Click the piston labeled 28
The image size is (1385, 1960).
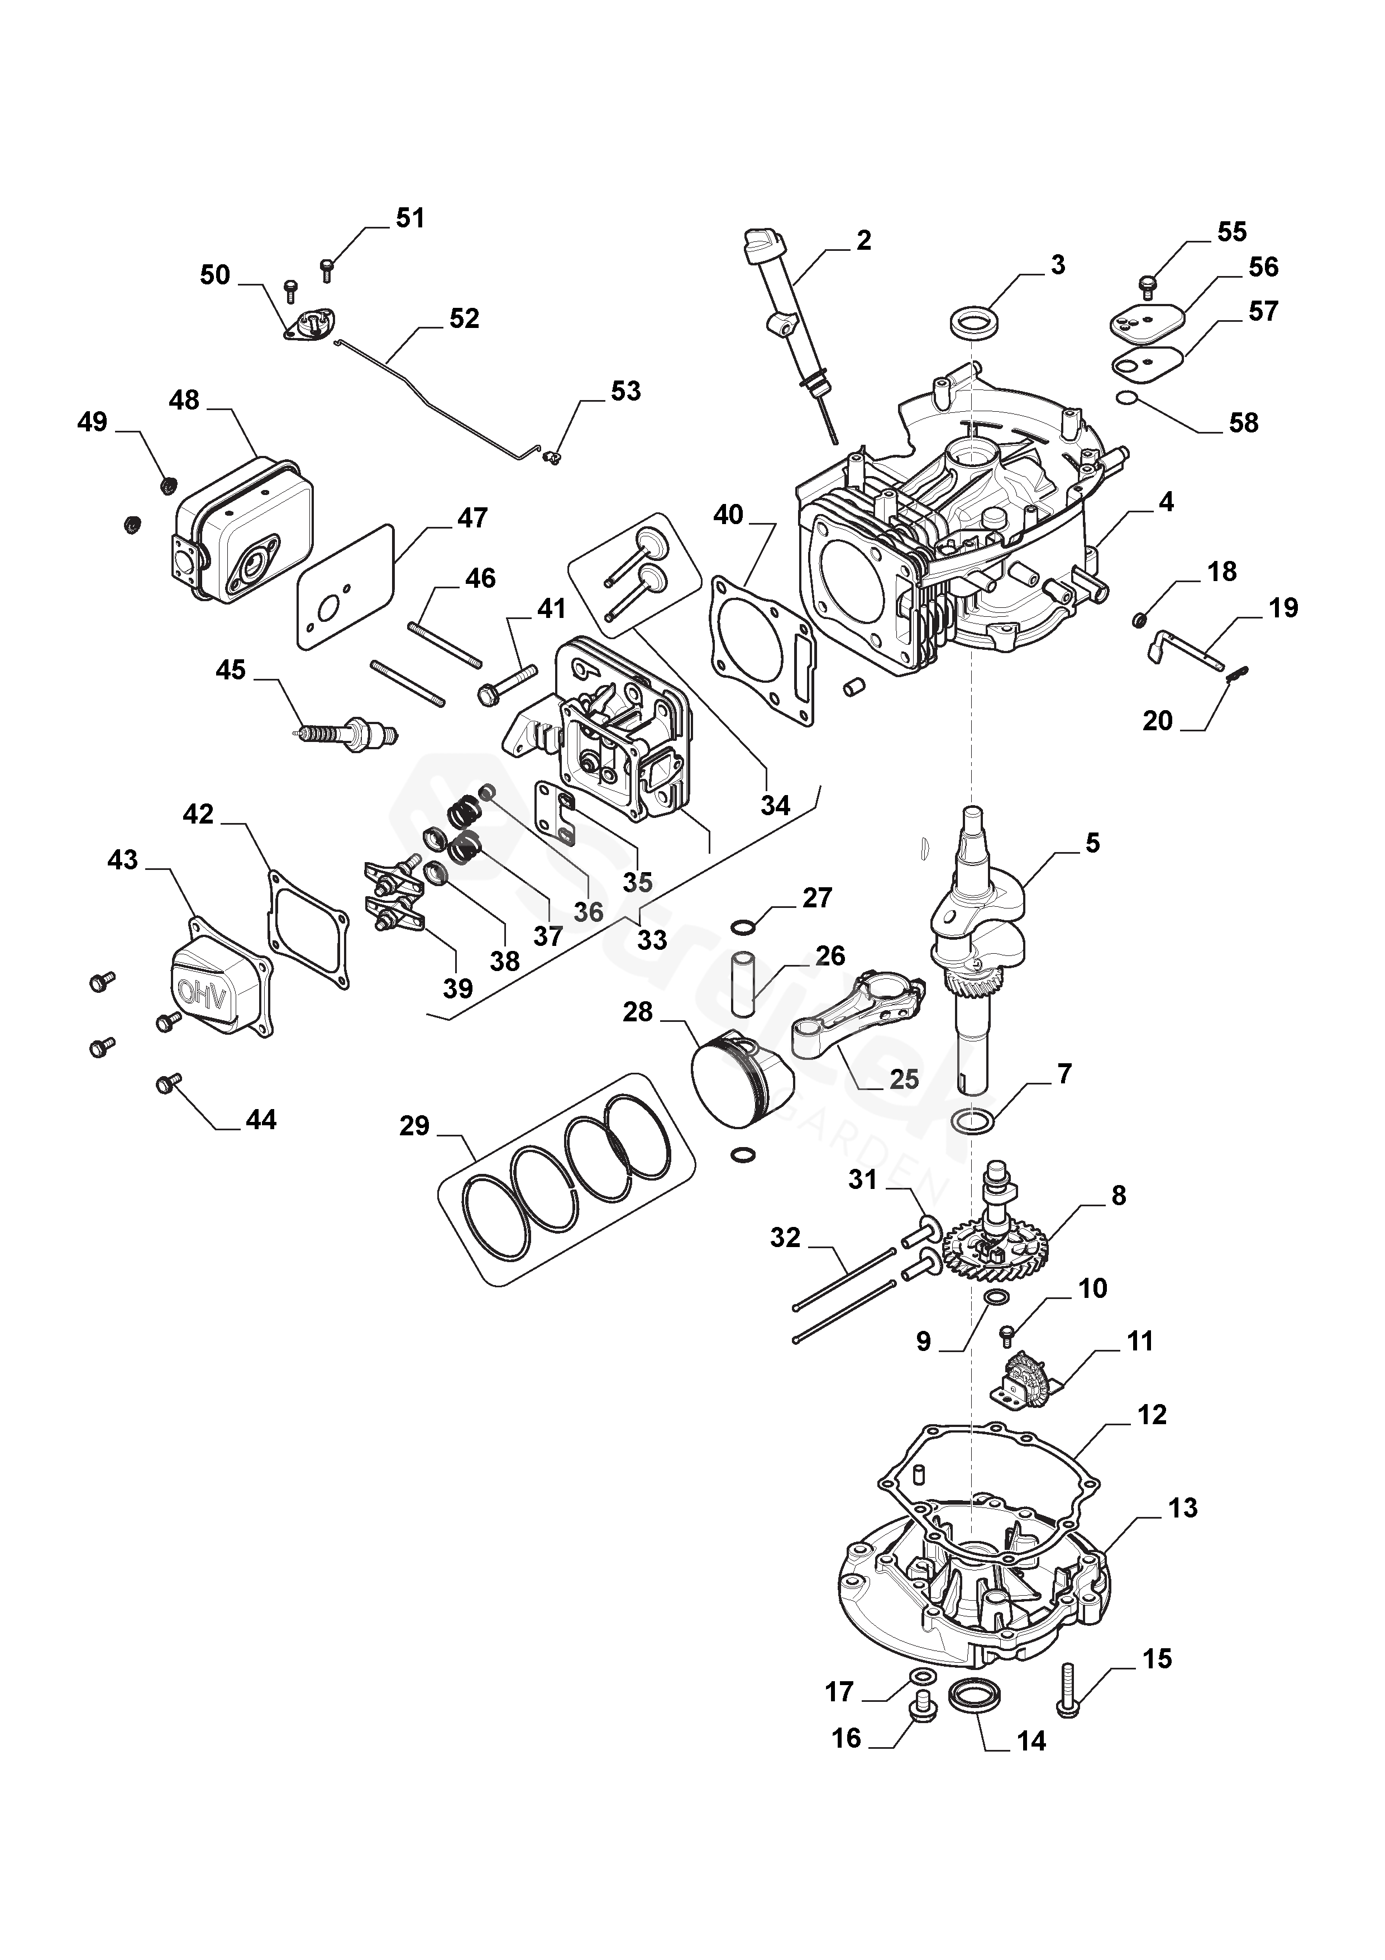740,1082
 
